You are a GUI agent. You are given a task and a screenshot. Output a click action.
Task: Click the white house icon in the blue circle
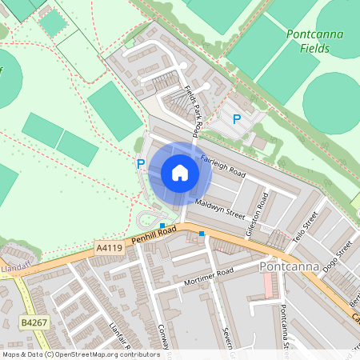tap(180, 172)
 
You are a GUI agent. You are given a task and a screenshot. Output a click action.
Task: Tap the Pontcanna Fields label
tap(309, 41)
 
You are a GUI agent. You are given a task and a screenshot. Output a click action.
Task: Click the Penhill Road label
tap(154, 234)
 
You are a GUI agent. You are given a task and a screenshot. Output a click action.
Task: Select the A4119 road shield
tap(109, 249)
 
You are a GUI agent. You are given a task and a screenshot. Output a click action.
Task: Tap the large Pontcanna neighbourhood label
tap(290, 266)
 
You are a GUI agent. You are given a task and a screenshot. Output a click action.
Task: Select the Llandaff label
tap(14, 266)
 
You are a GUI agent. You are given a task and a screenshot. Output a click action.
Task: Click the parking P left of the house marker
tap(141, 163)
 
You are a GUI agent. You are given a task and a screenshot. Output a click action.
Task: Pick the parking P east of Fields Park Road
tap(236, 119)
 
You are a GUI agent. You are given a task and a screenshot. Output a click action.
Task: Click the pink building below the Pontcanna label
tap(269, 284)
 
